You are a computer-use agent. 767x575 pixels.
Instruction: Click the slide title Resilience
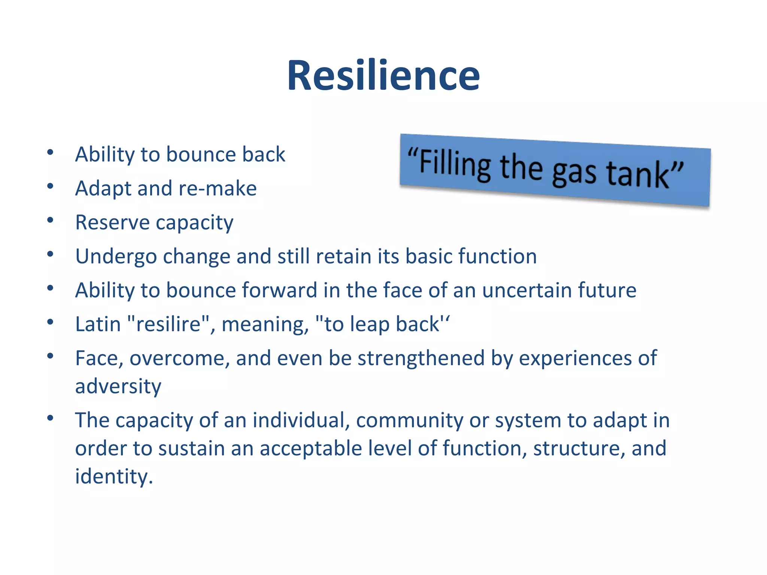pos(383,76)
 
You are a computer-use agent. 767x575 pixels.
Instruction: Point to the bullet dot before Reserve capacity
pos(50,220)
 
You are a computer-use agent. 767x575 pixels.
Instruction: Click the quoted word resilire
pos(169,324)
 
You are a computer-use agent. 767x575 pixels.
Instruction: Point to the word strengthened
pos(421,358)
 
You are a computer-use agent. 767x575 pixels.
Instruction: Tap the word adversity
pos(118,386)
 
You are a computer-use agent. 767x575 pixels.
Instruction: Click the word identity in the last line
pos(113,477)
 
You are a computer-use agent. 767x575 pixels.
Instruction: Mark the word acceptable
pos(310,448)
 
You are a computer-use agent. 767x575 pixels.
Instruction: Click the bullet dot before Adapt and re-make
pos(50,186)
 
